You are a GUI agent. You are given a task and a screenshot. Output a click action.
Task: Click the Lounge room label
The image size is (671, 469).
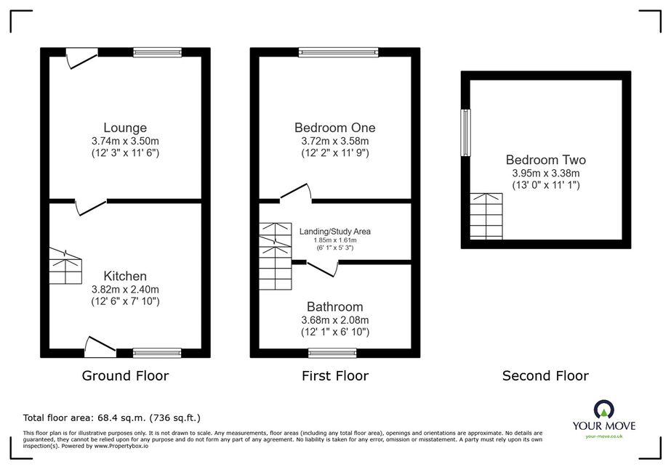click(125, 127)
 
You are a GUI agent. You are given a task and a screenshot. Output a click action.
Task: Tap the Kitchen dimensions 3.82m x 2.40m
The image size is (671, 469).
click(125, 290)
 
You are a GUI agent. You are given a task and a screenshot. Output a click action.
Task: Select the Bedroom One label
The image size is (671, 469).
click(334, 127)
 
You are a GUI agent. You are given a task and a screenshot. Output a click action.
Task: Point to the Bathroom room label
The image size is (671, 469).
click(334, 306)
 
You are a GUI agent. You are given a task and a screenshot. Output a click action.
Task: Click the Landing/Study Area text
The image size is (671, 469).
click(334, 232)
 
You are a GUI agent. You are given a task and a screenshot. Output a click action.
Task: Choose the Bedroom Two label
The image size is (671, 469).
click(546, 160)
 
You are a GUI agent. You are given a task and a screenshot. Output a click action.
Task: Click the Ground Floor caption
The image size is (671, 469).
click(125, 376)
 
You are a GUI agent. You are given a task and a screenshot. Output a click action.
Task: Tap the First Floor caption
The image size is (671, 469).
click(334, 376)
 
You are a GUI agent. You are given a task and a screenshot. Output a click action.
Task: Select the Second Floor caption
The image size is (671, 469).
click(545, 376)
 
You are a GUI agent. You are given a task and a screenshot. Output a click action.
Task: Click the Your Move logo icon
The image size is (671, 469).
click(604, 409)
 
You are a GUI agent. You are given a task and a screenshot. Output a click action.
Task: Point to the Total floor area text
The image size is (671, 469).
click(112, 417)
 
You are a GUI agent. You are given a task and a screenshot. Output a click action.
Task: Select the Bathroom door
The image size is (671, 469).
click(323, 269)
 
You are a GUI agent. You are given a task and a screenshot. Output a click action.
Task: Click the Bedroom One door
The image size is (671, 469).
click(296, 192)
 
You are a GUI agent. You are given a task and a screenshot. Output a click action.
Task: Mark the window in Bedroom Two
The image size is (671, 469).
click(465, 133)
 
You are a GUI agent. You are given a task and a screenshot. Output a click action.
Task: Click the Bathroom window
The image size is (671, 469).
click(332, 353)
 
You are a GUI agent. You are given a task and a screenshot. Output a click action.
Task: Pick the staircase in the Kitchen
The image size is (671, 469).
click(65, 266)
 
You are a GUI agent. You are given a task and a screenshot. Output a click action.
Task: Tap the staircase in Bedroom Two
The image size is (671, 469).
click(486, 216)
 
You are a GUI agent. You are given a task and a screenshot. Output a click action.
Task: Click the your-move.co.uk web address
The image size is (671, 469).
click(604, 436)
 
